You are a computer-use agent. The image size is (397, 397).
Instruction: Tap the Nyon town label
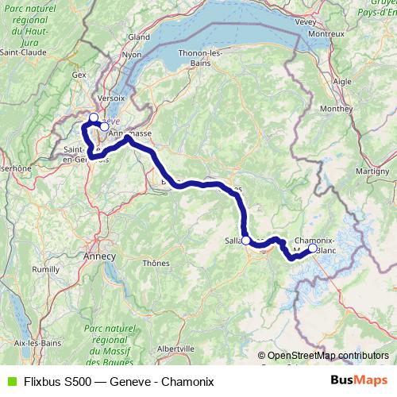coord(132,55)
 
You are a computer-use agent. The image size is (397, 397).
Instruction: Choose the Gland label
coord(140,37)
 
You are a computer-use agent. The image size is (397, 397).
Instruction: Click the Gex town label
coord(79,75)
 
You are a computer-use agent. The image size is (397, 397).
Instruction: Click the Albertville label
coord(176,348)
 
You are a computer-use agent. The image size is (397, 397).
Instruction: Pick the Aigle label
coord(342,81)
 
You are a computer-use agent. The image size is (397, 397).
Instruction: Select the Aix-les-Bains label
coord(28,342)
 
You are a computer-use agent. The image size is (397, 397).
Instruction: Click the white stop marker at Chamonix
coord(313,249)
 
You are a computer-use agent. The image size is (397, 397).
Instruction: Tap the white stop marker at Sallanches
coord(245,240)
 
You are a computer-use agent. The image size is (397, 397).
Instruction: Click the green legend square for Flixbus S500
coord(10,381)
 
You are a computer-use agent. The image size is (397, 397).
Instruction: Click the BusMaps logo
coord(360,380)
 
